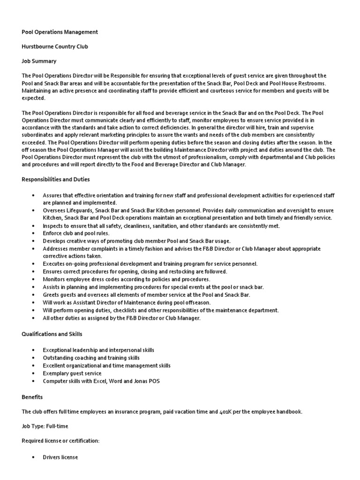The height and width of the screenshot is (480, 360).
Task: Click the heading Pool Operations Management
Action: (60, 32)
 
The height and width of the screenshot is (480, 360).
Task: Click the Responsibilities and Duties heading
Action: (56, 180)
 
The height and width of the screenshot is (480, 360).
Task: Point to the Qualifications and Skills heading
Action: (52, 334)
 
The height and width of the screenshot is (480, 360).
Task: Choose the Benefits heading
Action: (32, 397)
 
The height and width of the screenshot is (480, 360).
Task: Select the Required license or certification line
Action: (60, 441)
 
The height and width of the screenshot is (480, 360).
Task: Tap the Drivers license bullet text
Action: (60, 457)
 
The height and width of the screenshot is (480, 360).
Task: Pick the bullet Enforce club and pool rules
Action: (76, 233)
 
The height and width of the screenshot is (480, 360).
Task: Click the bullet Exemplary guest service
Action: (72, 374)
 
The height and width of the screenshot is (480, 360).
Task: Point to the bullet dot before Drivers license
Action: (33, 457)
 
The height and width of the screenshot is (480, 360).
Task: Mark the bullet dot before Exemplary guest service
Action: (33, 374)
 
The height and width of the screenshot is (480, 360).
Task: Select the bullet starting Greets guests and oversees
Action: (146, 294)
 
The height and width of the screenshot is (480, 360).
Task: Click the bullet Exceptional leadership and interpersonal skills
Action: (98, 350)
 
